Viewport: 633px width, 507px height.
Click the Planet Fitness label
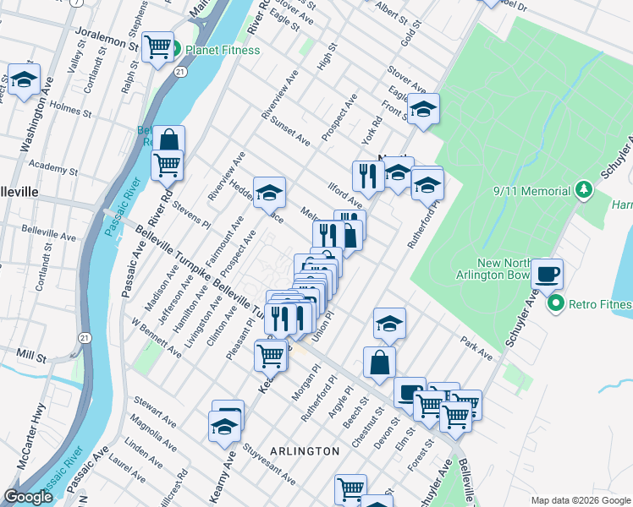223,50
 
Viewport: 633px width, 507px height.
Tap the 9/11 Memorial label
532,192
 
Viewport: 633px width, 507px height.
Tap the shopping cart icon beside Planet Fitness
157,47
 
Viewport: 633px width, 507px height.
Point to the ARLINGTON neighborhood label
305,451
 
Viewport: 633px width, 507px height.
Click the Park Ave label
476,350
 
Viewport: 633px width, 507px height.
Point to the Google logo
29,497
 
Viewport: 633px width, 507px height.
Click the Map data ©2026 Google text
580,500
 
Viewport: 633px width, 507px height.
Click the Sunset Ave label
289,129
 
